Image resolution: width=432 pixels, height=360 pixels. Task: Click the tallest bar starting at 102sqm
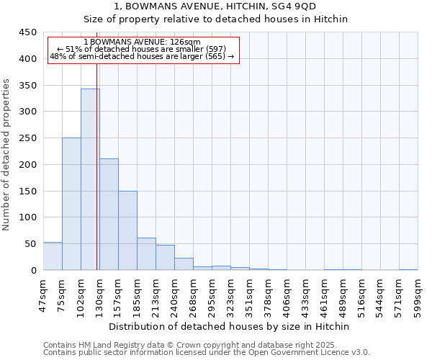pos(90,179)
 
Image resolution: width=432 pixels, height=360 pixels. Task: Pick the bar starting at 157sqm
pos(127,230)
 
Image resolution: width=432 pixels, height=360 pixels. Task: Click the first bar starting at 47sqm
pos(53,256)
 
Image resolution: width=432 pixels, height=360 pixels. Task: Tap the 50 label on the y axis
pos(30,244)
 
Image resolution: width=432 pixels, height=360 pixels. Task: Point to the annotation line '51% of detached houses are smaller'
pos(142,49)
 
